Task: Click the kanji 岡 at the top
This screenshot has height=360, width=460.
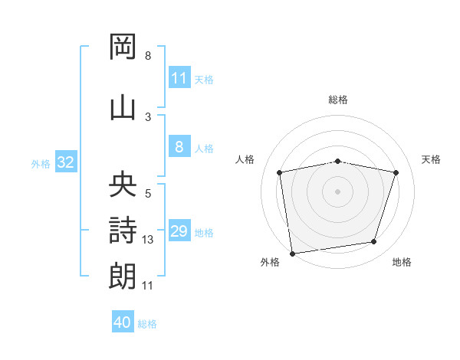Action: [x=123, y=46]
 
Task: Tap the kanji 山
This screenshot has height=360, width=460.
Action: [x=123, y=109]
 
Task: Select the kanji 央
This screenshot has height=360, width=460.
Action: [x=123, y=184]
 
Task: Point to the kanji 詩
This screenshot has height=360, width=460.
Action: [x=123, y=230]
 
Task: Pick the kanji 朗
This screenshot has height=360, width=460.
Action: [x=123, y=276]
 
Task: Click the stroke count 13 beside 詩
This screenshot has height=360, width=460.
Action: [x=147, y=240]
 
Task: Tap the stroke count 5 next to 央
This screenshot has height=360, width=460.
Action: [x=148, y=194]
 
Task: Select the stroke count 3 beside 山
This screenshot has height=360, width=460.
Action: [x=148, y=117]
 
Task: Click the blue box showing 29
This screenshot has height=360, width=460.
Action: [x=179, y=230]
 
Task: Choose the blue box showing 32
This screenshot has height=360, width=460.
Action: [x=66, y=162]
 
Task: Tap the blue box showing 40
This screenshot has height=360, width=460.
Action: [x=123, y=321]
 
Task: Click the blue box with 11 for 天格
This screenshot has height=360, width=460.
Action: [x=179, y=77]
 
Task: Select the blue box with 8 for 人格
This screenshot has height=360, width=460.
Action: [x=179, y=146]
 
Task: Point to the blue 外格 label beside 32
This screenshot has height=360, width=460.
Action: [x=41, y=164]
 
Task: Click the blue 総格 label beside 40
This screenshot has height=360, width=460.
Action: [x=147, y=324]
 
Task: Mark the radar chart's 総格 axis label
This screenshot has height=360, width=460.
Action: [x=338, y=100]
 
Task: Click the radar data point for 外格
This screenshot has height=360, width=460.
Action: [x=293, y=254]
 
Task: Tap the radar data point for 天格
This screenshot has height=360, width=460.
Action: [x=396, y=172]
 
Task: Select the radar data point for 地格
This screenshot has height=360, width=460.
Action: [x=374, y=241]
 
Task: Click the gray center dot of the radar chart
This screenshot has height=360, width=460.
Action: [x=337, y=191]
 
